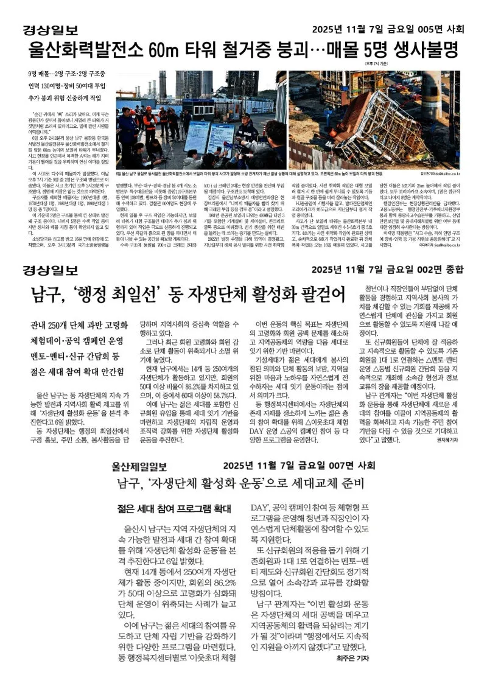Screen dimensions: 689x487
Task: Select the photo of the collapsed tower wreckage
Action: (x=374, y=119)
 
